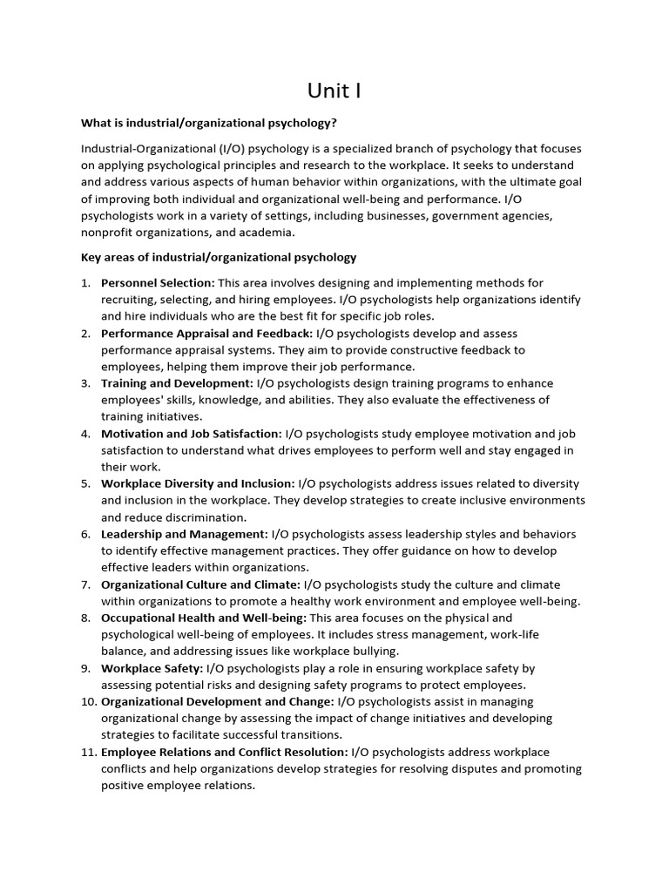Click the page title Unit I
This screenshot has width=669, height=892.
click(x=334, y=91)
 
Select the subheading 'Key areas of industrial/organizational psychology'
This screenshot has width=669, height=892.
click(x=219, y=257)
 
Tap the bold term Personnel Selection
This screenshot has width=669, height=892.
click(x=158, y=283)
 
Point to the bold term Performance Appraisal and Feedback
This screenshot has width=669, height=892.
click(x=206, y=333)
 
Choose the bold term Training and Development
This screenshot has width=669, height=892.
click(x=177, y=383)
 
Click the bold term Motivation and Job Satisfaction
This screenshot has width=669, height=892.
click(x=192, y=434)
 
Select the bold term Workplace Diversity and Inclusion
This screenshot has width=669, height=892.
click(x=198, y=483)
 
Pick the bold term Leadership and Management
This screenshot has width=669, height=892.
click(x=185, y=534)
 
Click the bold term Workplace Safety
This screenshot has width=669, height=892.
click(x=152, y=668)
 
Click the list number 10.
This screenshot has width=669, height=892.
click(x=86, y=701)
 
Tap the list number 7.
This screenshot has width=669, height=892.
click(x=86, y=585)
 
